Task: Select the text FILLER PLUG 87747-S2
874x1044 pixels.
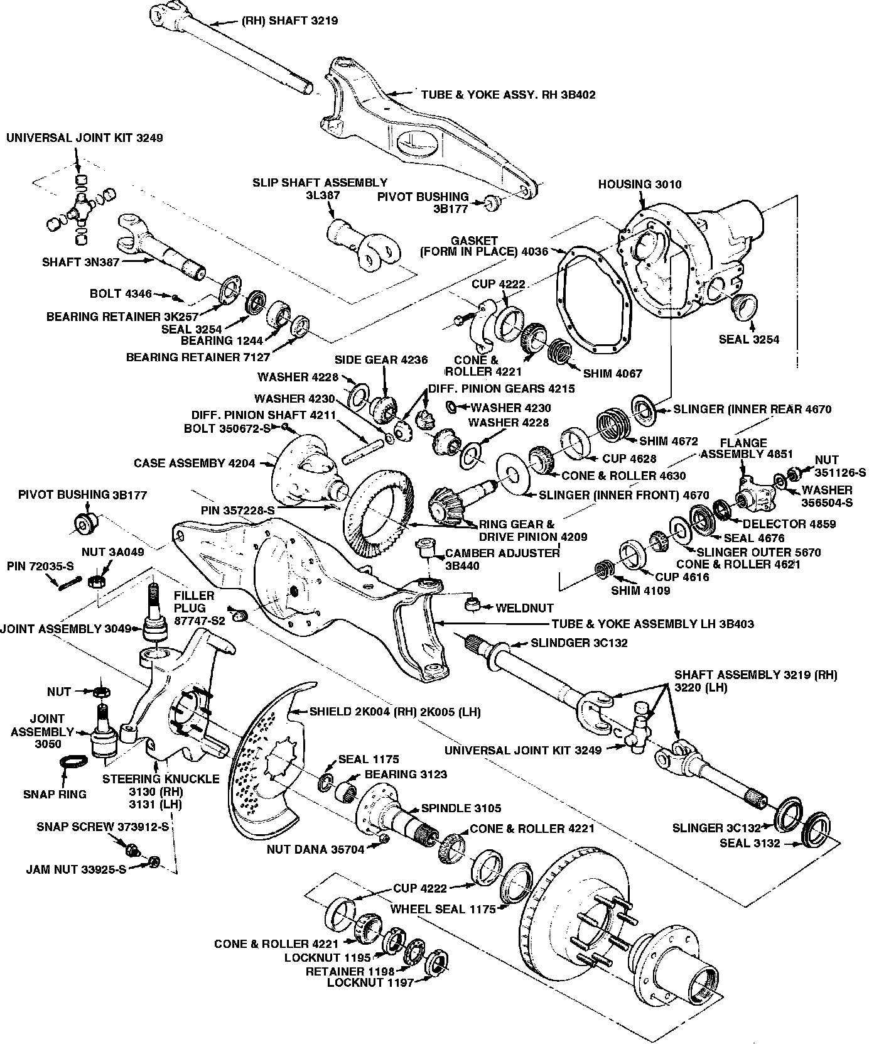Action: (x=195, y=607)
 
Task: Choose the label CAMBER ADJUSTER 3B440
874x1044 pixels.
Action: (x=502, y=559)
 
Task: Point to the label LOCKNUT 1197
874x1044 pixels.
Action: (x=370, y=982)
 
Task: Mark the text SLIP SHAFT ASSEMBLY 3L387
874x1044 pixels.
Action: (x=320, y=188)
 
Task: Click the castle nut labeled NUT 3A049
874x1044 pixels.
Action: (x=96, y=581)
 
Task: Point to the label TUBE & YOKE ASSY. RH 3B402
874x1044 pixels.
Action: (x=508, y=95)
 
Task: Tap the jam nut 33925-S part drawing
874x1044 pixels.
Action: (x=155, y=861)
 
